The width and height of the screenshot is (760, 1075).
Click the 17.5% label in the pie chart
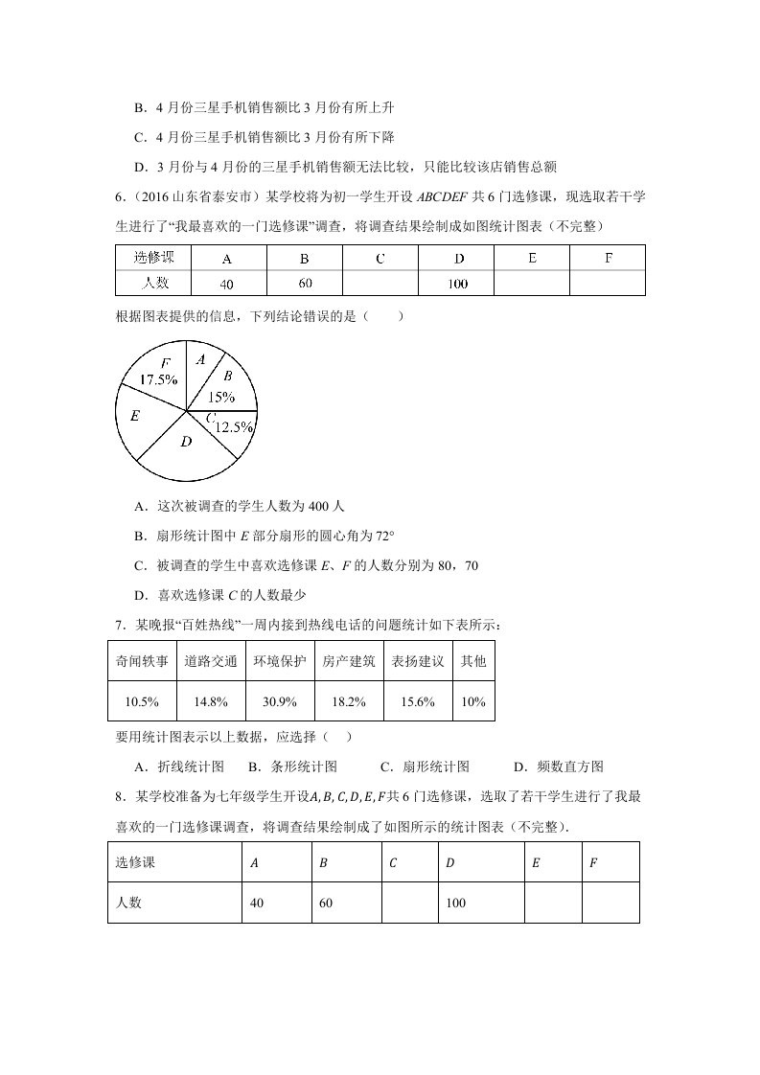(157, 380)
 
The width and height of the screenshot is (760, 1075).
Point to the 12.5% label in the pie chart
(233, 427)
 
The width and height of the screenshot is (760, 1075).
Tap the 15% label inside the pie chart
(220, 397)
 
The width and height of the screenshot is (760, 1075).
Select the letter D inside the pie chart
(186, 442)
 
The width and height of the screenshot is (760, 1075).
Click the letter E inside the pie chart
(135, 416)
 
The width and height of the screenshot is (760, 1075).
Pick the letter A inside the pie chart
(200, 359)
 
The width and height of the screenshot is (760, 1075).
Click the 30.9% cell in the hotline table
(280, 702)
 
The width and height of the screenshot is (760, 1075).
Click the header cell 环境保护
(280, 661)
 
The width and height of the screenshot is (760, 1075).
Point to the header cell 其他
(473, 661)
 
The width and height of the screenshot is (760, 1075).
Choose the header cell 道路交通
(210, 661)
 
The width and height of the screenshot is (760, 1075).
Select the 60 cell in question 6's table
(306, 284)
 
